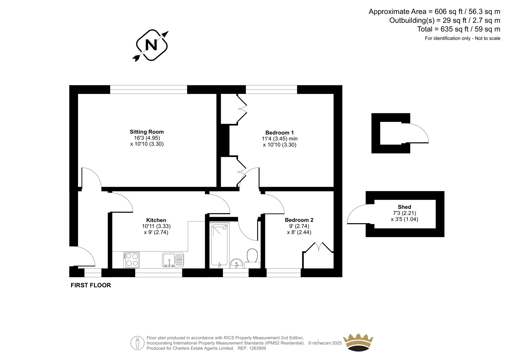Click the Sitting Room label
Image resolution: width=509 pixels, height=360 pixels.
click(147, 132)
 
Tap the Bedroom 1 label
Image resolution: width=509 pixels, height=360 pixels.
click(280, 133)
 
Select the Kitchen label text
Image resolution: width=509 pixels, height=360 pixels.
click(156, 220)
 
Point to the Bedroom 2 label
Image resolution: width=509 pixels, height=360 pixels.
click(299, 220)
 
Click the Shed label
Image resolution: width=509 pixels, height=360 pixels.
click(404, 207)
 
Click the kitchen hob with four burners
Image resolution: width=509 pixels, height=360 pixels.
click(132, 260)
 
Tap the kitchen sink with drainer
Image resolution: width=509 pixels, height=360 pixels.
click(173, 260)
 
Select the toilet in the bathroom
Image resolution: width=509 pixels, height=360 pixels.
click(252, 258)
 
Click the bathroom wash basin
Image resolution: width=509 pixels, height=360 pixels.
click(236, 263)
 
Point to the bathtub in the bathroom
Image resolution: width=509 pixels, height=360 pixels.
click(219, 245)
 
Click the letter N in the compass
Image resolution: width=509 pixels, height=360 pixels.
click(151, 45)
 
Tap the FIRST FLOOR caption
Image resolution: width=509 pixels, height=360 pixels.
click(91, 285)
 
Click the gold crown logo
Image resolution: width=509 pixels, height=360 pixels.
click(358, 342)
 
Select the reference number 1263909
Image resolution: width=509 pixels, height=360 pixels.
click(257, 348)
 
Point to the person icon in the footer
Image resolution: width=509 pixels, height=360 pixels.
click(137, 343)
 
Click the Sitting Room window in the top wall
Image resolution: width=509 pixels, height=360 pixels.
click(149, 89)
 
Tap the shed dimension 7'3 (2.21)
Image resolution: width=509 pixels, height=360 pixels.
click(404, 213)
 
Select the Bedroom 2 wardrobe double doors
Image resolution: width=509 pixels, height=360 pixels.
click(319, 247)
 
